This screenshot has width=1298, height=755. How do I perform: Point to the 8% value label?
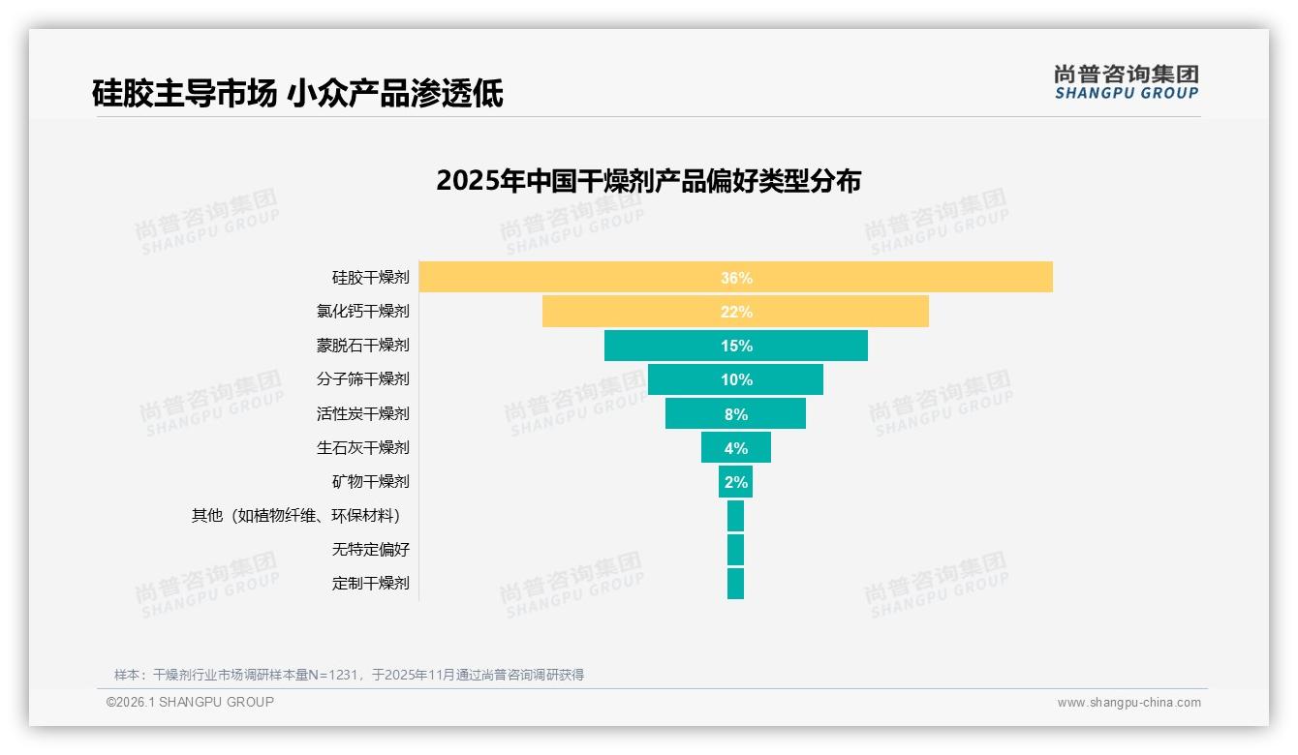click(735, 414)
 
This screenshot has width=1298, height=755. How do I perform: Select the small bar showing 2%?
click(735, 481)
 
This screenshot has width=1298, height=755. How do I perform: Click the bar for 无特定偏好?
click(735, 549)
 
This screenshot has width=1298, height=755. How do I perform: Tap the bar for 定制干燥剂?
click(735, 583)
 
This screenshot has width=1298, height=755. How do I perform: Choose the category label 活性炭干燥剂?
click(362, 413)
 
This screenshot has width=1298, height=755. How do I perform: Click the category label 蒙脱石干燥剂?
click(362, 346)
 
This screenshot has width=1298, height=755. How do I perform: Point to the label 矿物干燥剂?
click(370, 481)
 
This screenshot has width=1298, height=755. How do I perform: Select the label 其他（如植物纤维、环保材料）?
click(299, 515)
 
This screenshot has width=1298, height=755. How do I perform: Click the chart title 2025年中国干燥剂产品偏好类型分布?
click(648, 181)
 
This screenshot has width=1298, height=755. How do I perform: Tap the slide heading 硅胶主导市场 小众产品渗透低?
click(297, 93)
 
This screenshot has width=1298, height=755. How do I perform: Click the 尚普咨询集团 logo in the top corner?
click(1126, 81)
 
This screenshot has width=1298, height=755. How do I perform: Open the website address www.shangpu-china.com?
click(1128, 703)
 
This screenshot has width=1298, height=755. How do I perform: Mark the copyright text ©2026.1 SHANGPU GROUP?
click(190, 702)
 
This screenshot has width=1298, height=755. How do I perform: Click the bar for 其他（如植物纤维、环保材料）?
click(735, 515)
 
